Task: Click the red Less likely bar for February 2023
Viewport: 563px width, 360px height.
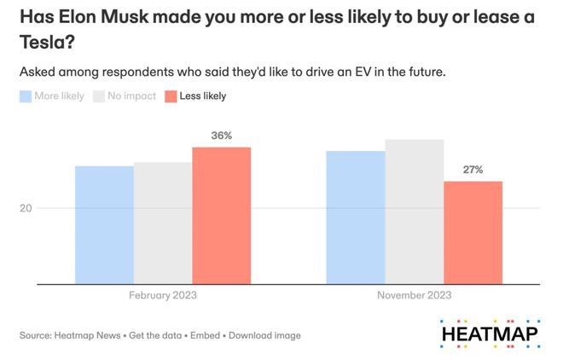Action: pos(221,216)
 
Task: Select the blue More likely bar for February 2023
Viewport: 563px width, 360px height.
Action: pos(104,225)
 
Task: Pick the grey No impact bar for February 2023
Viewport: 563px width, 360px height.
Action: pos(162,224)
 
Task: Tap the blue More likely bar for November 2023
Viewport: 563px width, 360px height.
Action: pos(356,218)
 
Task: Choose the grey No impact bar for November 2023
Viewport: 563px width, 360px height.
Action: pos(414,212)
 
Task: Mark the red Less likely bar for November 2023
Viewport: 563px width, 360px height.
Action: pos(473,232)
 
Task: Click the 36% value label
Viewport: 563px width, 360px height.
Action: pos(222,136)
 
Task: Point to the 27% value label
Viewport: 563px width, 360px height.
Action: pos(473,170)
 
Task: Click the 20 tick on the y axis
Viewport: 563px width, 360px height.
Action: pos(26,208)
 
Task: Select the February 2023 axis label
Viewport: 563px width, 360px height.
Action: pos(162,295)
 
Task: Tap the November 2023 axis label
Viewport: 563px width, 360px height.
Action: pos(414,295)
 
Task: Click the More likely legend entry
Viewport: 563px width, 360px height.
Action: pos(52,96)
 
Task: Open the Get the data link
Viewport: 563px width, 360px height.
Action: pos(156,335)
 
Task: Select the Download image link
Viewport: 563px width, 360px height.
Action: pos(264,335)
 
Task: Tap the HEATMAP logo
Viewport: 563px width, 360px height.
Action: pos(490,331)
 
